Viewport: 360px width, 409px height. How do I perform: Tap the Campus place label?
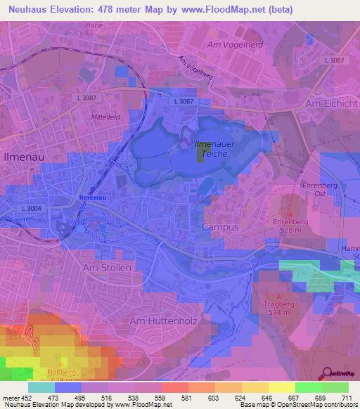(x=220, y=227)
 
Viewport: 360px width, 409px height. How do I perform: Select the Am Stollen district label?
(x=107, y=268)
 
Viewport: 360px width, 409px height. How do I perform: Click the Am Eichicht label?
(x=333, y=103)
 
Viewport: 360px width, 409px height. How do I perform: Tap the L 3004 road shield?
(x=32, y=209)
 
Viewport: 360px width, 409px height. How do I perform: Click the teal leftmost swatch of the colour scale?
(x=41, y=387)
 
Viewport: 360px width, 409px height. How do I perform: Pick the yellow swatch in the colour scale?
(x=282, y=387)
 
